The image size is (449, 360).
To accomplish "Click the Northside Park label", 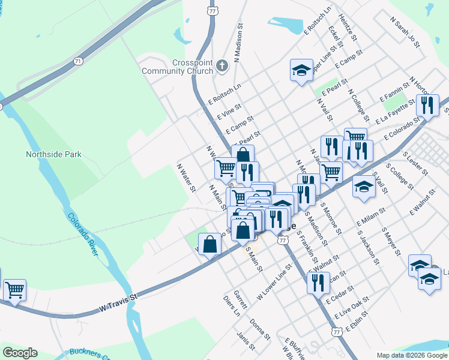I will click(x=53, y=154).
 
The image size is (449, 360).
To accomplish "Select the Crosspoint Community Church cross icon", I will click(x=222, y=65).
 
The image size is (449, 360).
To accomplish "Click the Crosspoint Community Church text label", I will click(x=177, y=67).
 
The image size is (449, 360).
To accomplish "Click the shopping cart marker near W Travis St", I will click(x=14, y=290).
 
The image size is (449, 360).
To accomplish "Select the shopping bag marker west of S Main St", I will click(x=209, y=244).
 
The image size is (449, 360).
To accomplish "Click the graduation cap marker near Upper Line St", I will click(x=301, y=70).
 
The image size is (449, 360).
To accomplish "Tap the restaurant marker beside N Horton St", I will click(x=427, y=106).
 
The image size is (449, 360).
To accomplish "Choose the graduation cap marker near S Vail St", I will click(x=364, y=187).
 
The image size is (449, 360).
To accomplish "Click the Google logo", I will click(x=20, y=353).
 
